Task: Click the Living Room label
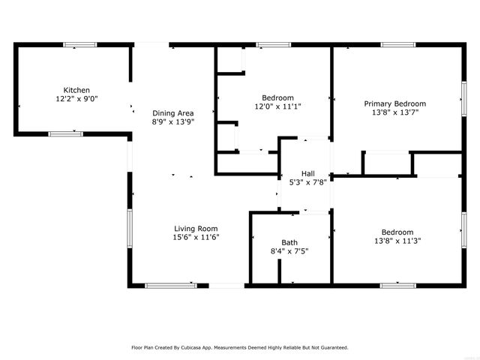pyautogui.click(x=196, y=229)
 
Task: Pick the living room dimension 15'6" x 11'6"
pyautogui.click(x=196, y=238)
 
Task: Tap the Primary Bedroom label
pyautogui.click(x=394, y=103)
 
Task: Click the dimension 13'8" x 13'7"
pyautogui.click(x=394, y=113)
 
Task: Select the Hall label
pyautogui.click(x=307, y=172)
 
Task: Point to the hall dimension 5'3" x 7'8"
pyautogui.click(x=307, y=181)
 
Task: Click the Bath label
pyautogui.click(x=289, y=242)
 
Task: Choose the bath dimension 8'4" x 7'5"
pyautogui.click(x=289, y=251)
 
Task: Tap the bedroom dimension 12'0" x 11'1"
pyautogui.click(x=277, y=106)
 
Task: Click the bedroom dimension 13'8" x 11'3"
pyautogui.click(x=397, y=241)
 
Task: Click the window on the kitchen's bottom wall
pyautogui.click(x=65, y=134)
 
